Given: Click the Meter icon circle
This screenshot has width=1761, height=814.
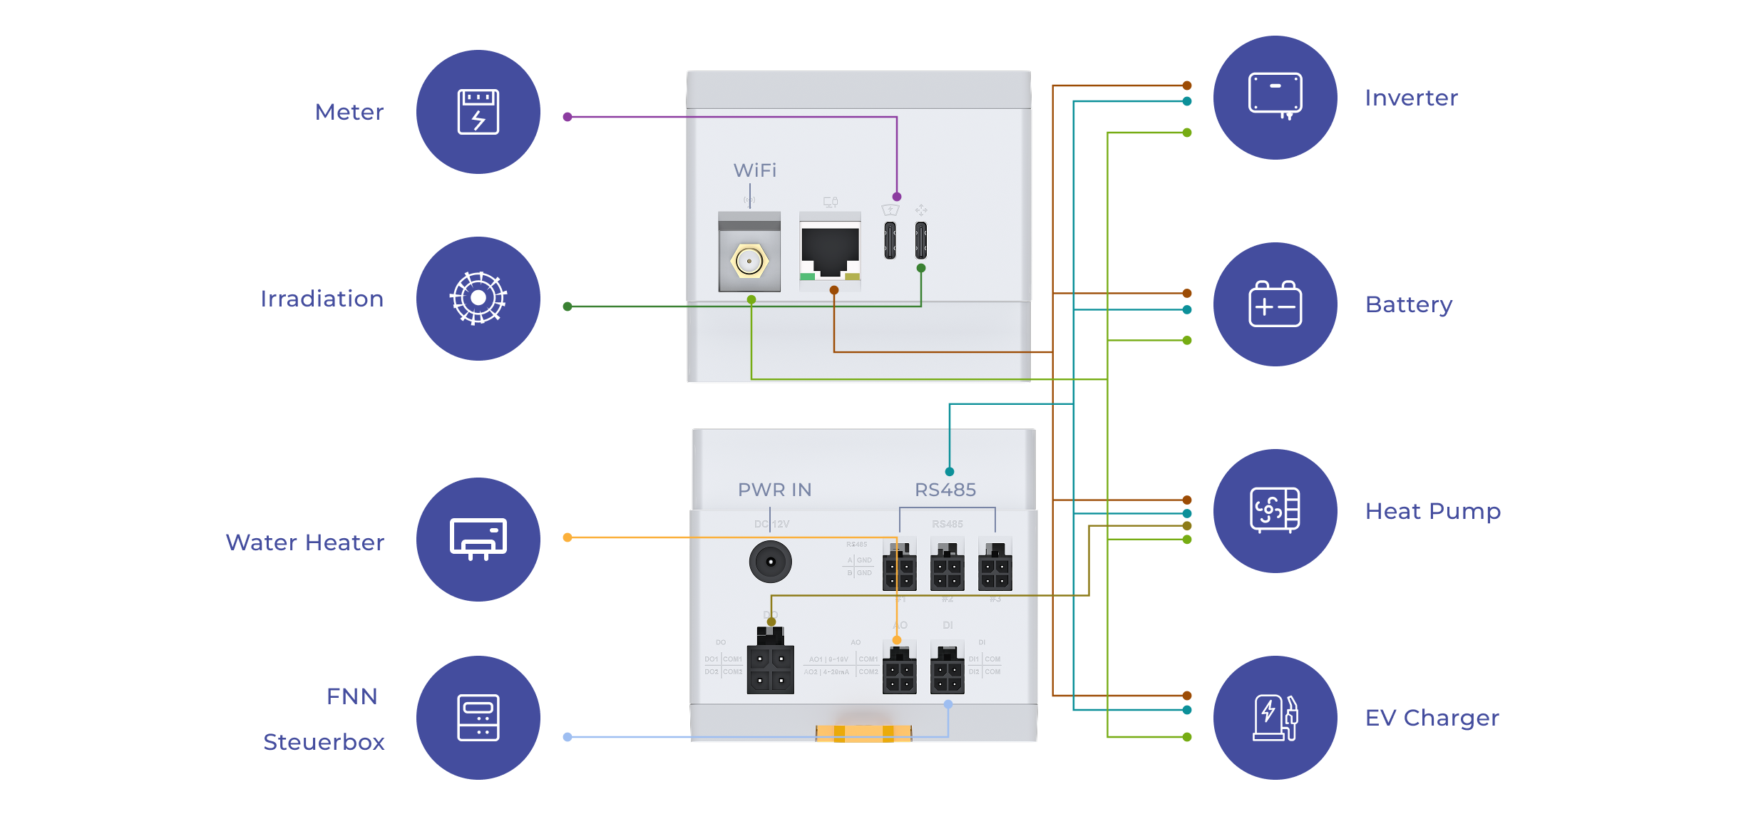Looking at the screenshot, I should click(x=478, y=112).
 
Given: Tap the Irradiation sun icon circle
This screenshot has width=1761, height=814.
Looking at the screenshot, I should click(x=478, y=298).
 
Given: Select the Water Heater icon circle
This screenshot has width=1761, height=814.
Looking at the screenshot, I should click(x=478, y=539).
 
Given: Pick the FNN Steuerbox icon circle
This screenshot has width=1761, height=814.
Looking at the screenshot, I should click(x=478, y=717).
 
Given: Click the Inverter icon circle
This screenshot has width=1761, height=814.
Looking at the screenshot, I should click(x=1275, y=98).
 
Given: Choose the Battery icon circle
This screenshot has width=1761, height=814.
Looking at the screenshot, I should click(x=1275, y=304).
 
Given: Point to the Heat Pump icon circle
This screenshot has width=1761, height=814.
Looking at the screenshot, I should click(x=1275, y=510).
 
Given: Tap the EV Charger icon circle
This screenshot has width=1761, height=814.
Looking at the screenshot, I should click(x=1275, y=717).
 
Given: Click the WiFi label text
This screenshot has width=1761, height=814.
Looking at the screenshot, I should click(x=755, y=170).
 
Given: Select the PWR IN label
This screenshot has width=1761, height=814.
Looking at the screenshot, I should click(x=774, y=490).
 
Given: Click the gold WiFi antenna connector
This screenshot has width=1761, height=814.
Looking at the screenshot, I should click(x=749, y=261).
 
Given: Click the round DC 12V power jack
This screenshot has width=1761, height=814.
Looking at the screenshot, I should click(x=770, y=562).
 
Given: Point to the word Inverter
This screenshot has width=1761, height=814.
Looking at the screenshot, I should click(x=1411, y=98).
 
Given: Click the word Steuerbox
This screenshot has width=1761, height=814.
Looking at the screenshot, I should click(x=324, y=742).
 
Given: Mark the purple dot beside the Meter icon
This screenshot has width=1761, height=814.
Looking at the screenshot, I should click(x=568, y=117).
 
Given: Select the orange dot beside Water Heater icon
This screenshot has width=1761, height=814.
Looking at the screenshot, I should click(x=568, y=537).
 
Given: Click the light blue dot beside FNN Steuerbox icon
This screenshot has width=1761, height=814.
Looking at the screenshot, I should click(x=568, y=737).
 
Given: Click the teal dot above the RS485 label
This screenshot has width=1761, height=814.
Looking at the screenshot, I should click(x=950, y=472).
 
